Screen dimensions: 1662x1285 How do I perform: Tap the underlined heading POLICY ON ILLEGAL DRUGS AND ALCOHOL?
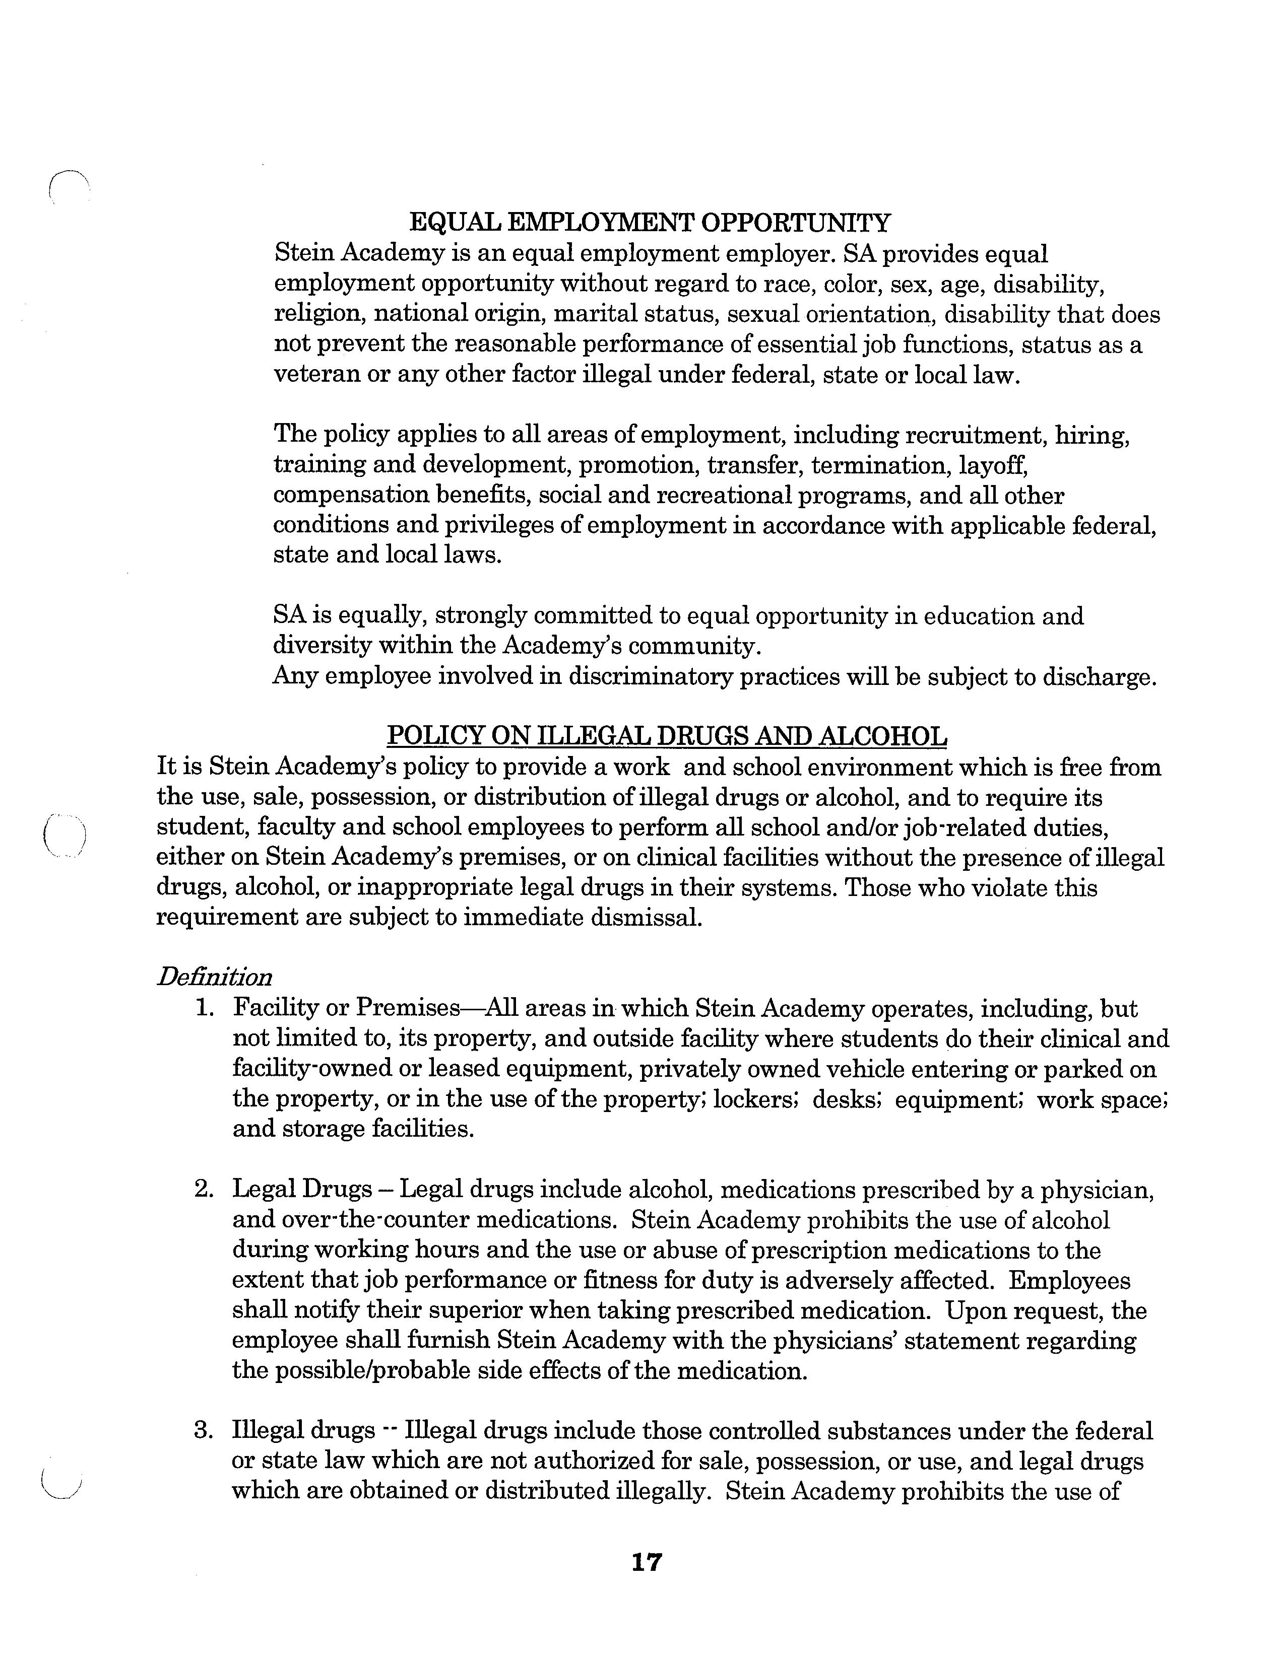(667, 736)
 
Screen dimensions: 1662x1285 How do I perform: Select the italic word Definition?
(214, 977)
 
